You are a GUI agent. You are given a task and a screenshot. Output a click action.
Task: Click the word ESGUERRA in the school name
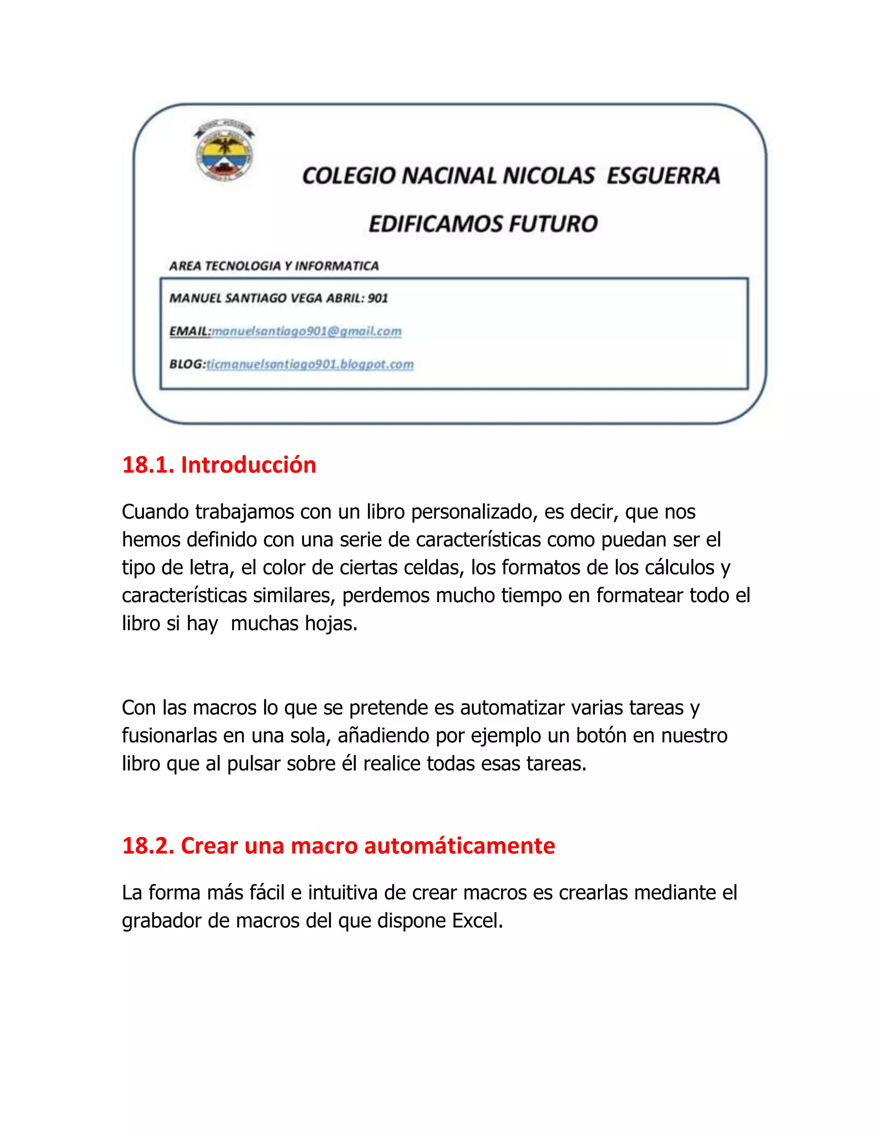point(663,176)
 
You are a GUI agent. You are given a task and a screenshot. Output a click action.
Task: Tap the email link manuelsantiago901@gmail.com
point(307,331)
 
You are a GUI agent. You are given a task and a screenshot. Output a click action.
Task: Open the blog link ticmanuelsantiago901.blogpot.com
point(310,364)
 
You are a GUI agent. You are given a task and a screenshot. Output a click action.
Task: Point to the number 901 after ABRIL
point(378,298)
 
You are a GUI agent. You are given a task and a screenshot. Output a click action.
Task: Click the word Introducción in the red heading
point(248,465)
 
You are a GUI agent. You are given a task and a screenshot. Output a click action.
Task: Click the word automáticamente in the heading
point(459,845)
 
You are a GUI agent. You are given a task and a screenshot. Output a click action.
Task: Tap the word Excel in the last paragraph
point(477,920)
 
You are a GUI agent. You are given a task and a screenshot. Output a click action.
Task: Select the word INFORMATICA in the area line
point(337,266)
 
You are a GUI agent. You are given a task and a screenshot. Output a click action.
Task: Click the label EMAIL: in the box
point(190,331)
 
